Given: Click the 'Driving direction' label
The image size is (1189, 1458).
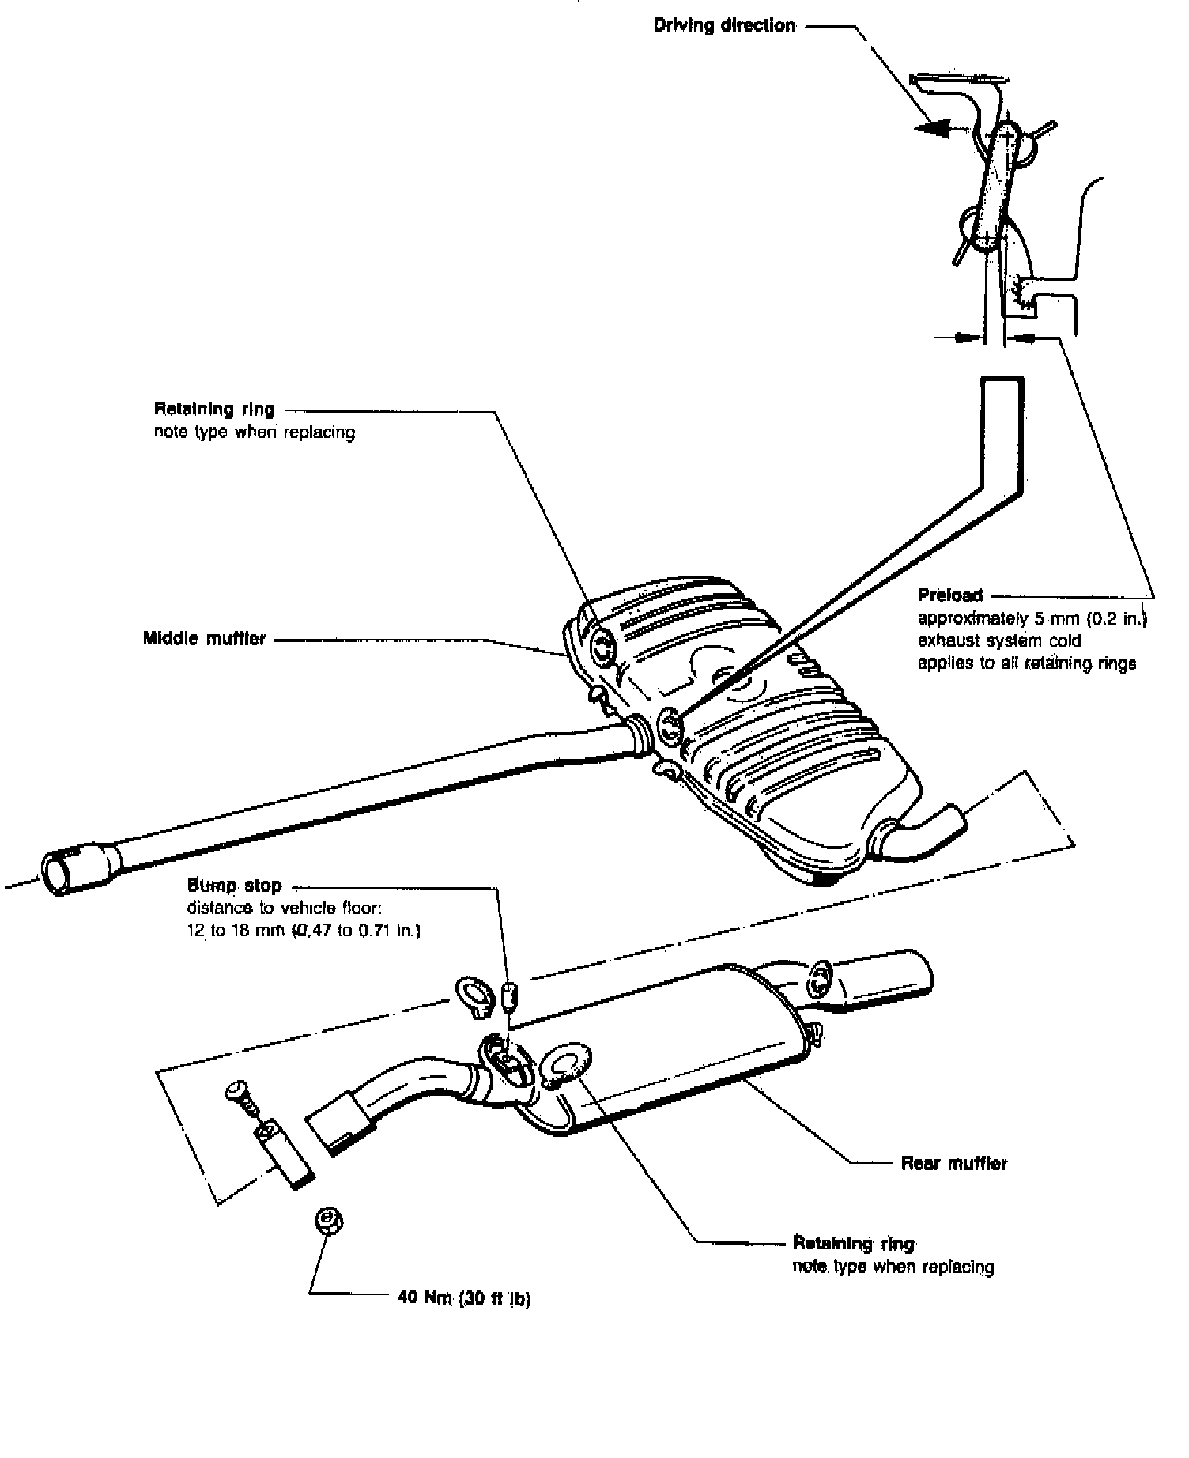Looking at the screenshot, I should coord(724,25).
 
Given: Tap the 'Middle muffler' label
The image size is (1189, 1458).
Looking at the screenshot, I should coord(204,638).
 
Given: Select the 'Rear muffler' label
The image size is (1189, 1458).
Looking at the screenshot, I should coord(954,1163).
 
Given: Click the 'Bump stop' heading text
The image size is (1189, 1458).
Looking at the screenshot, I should coord(234,886).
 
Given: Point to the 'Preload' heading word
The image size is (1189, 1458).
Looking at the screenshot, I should coord(949,595).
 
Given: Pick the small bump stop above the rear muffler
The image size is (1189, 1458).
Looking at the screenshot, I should coord(511,995).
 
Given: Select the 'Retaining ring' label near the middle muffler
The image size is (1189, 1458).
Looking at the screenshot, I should coord(214,410).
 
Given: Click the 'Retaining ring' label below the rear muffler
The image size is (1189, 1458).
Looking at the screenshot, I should coord(853,1244).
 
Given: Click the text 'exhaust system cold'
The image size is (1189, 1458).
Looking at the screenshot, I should coord(998,640).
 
